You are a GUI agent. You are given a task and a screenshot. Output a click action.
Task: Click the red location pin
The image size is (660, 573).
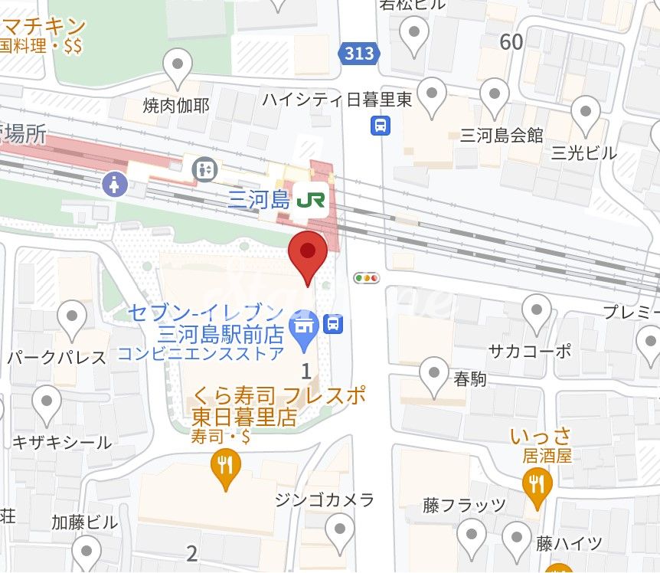point(307,253)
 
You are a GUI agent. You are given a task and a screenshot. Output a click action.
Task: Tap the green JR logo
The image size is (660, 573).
point(312,201)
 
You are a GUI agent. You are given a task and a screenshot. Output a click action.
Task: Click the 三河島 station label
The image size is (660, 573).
point(259,201)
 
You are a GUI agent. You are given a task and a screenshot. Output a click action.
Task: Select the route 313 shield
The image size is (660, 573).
point(358,53)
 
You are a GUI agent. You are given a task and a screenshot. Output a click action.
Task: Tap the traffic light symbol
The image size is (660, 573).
point(367,278)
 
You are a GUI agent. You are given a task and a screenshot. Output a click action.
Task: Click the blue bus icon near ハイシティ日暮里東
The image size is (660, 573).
point(381,125)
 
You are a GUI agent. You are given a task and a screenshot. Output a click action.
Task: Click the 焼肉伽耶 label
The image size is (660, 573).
point(176,105)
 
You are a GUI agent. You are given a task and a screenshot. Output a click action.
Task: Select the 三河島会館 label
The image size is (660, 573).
point(502,136)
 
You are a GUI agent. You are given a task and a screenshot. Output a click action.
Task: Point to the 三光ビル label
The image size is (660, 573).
point(584,152)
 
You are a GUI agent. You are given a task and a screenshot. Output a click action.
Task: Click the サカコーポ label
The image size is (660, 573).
point(530,351)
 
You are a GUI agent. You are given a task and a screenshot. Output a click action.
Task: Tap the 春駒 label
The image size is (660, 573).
point(469,378)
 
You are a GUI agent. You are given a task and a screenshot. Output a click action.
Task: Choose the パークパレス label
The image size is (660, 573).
point(57,357)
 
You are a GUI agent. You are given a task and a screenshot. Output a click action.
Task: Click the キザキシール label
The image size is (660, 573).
point(62,442)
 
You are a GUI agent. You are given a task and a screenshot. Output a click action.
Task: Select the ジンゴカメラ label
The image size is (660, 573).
point(325,500)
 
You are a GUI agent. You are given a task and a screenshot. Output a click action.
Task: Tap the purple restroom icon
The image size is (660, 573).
point(115,184)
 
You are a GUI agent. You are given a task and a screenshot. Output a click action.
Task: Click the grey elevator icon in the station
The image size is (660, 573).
point(204,169)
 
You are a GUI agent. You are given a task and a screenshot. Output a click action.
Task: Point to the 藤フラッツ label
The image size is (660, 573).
point(464,505)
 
